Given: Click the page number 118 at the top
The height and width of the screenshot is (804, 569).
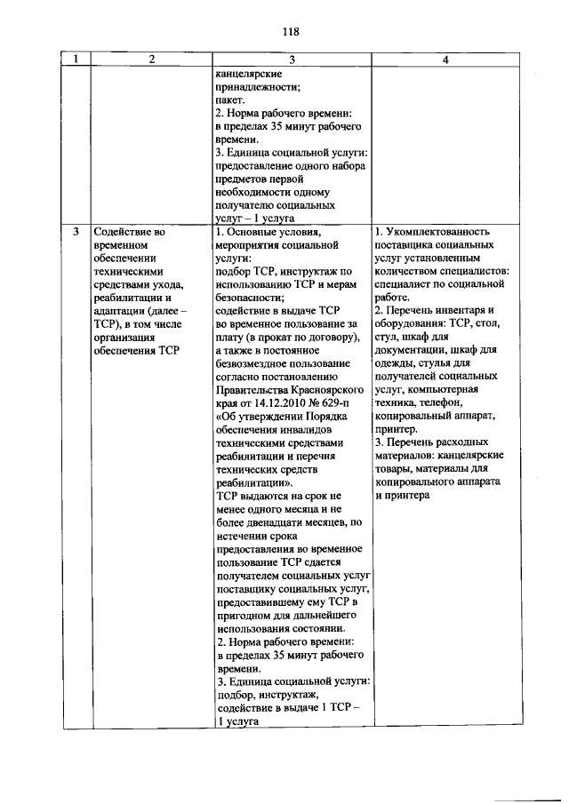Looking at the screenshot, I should [x=290, y=32].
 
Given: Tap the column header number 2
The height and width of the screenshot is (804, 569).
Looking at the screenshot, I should [x=152, y=60].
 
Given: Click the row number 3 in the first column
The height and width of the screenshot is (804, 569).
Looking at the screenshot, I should [x=76, y=233].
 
